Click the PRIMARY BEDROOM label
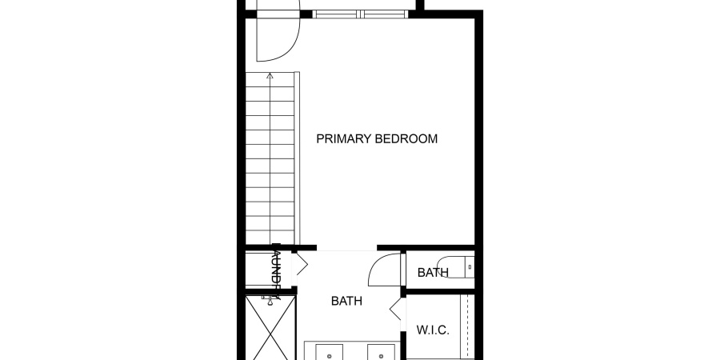(x=377, y=139)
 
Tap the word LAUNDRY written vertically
(x=274, y=271)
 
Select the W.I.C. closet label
(x=433, y=330)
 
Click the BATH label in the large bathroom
(x=346, y=302)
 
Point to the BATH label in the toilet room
(x=432, y=273)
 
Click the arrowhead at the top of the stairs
(x=270, y=76)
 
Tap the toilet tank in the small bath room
(x=470, y=266)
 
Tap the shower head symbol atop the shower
(x=269, y=300)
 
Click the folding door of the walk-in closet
(x=394, y=310)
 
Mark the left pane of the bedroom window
(x=336, y=14)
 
